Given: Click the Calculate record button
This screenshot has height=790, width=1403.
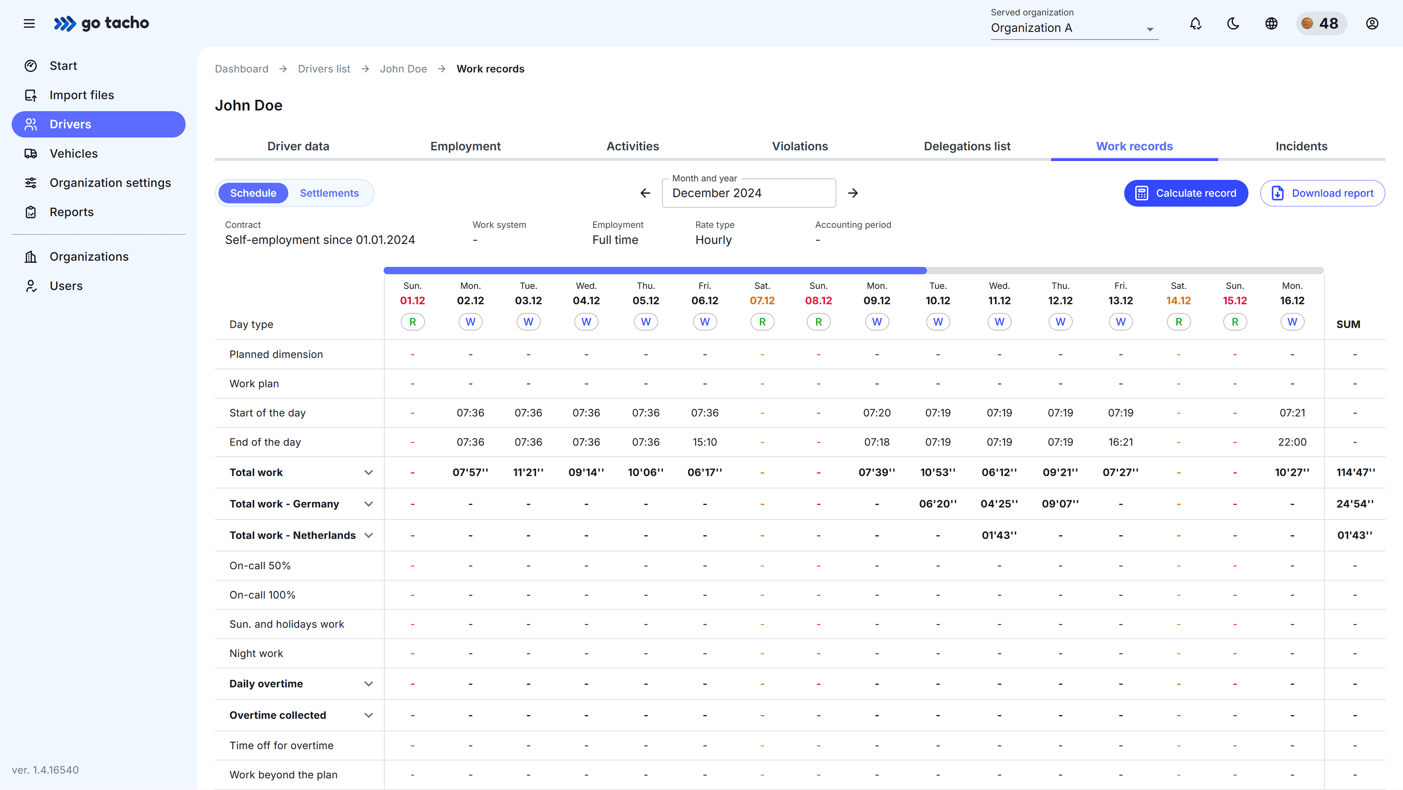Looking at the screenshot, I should tap(1186, 193).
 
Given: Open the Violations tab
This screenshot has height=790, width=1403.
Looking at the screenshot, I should tap(799, 146).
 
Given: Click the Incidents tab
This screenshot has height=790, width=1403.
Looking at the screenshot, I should tap(1301, 146).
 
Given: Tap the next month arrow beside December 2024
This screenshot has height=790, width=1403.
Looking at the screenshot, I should tap(853, 193).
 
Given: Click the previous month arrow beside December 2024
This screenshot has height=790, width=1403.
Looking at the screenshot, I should tap(645, 193).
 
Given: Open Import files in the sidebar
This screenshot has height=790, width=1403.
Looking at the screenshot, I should tap(82, 95).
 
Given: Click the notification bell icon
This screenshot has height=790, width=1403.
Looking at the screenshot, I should tap(1195, 23).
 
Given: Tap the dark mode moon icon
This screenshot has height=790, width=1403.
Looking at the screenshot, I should tap(1233, 23).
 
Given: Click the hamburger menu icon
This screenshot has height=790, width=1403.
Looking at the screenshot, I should tap(29, 23).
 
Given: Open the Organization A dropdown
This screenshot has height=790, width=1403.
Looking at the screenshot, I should tap(1073, 28).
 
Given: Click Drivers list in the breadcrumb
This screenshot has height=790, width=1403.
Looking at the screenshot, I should tap(324, 69).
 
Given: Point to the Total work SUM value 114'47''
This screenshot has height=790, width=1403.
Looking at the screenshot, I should tap(1355, 472).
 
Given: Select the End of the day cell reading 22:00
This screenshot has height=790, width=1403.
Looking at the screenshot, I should tap(1292, 442).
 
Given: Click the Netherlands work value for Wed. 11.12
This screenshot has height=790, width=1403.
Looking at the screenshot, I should tap(999, 536).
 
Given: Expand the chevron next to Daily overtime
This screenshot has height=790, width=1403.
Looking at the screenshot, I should tap(369, 684).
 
